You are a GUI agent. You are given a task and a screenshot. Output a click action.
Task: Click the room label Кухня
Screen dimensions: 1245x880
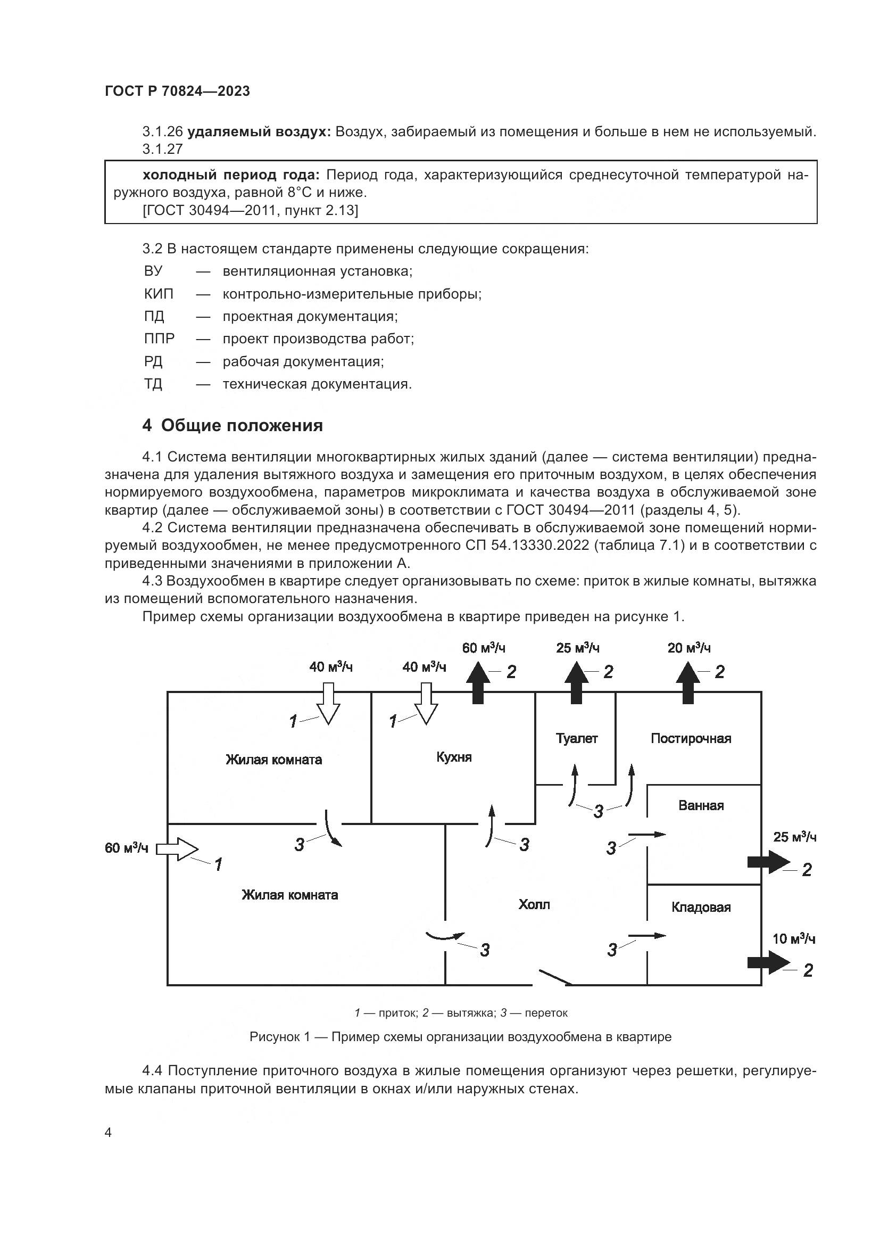(x=453, y=757)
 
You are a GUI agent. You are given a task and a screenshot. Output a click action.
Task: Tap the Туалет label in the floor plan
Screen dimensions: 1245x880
(x=577, y=738)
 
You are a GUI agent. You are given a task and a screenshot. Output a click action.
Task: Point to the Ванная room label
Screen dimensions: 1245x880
(x=701, y=805)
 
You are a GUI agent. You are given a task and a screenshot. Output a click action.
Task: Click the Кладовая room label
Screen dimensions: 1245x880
(x=701, y=907)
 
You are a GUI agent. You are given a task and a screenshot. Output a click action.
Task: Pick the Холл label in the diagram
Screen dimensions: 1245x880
(x=534, y=904)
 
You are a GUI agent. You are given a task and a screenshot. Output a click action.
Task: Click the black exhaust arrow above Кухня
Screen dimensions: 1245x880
(x=477, y=687)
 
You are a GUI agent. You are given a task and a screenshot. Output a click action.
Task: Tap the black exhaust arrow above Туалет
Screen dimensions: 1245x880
(x=576, y=687)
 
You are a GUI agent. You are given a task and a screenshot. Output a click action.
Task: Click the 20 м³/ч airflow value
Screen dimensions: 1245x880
(x=688, y=648)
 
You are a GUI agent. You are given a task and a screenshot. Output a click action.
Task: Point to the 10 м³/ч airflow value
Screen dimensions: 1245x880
(x=794, y=938)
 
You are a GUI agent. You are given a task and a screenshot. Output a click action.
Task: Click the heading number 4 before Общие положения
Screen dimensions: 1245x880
(x=147, y=426)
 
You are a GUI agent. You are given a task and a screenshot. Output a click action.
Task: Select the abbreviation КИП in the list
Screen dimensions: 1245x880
(x=159, y=294)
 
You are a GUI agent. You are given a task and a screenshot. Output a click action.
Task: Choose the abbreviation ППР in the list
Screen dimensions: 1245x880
(x=159, y=339)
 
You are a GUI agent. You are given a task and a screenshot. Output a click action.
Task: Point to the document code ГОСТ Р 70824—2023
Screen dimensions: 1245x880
(x=177, y=91)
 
